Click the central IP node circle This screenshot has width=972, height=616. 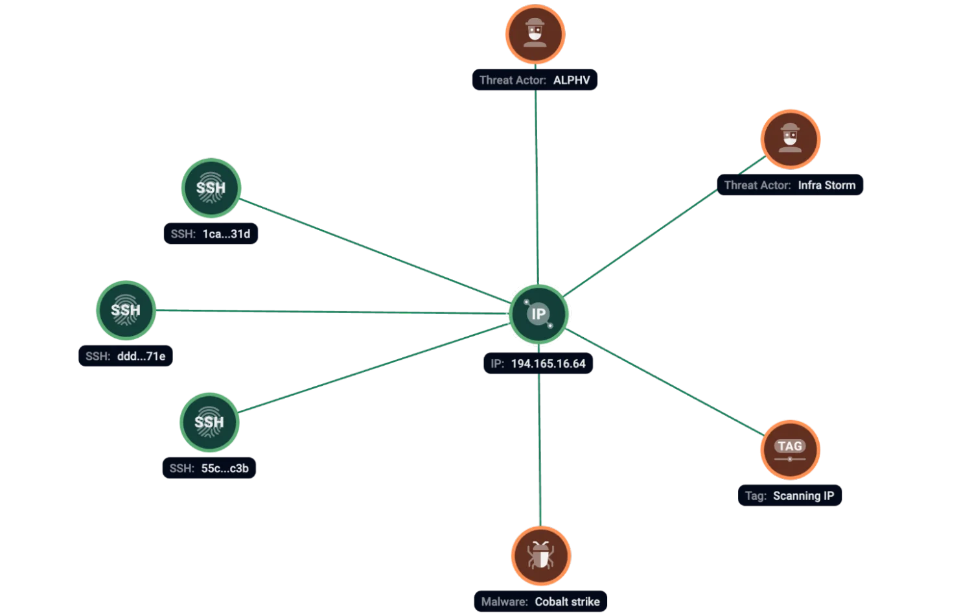[x=538, y=314]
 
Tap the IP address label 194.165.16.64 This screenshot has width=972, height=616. [x=538, y=363]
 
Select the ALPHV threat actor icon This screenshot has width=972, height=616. [x=535, y=34]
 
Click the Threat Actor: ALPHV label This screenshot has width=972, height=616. [x=535, y=80]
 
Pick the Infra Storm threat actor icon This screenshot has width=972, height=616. [x=790, y=139]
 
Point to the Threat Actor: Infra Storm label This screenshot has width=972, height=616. [x=790, y=185]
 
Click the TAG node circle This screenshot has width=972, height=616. [x=790, y=450]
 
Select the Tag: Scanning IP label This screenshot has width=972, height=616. [x=790, y=495]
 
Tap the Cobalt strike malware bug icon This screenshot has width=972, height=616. [x=541, y=556]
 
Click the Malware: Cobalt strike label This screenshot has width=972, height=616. [x=540, y=601]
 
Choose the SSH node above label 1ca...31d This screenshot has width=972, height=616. [x=211, y=187]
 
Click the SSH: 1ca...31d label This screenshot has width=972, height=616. [x=211, y=233]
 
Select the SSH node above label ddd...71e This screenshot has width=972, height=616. [x=126, y=310]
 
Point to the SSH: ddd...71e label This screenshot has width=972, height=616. [x=126, y=356]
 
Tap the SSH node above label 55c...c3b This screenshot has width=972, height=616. [x=209, y=422]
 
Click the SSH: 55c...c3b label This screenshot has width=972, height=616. [x=209, y=468]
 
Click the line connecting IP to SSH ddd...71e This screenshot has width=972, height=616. [x=332, y=312]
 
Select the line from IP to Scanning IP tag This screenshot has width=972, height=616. [x=664, y=382]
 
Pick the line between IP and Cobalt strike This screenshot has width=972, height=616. [x=539, y=450]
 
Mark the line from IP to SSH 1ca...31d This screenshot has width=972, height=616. [x=375, y=250]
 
